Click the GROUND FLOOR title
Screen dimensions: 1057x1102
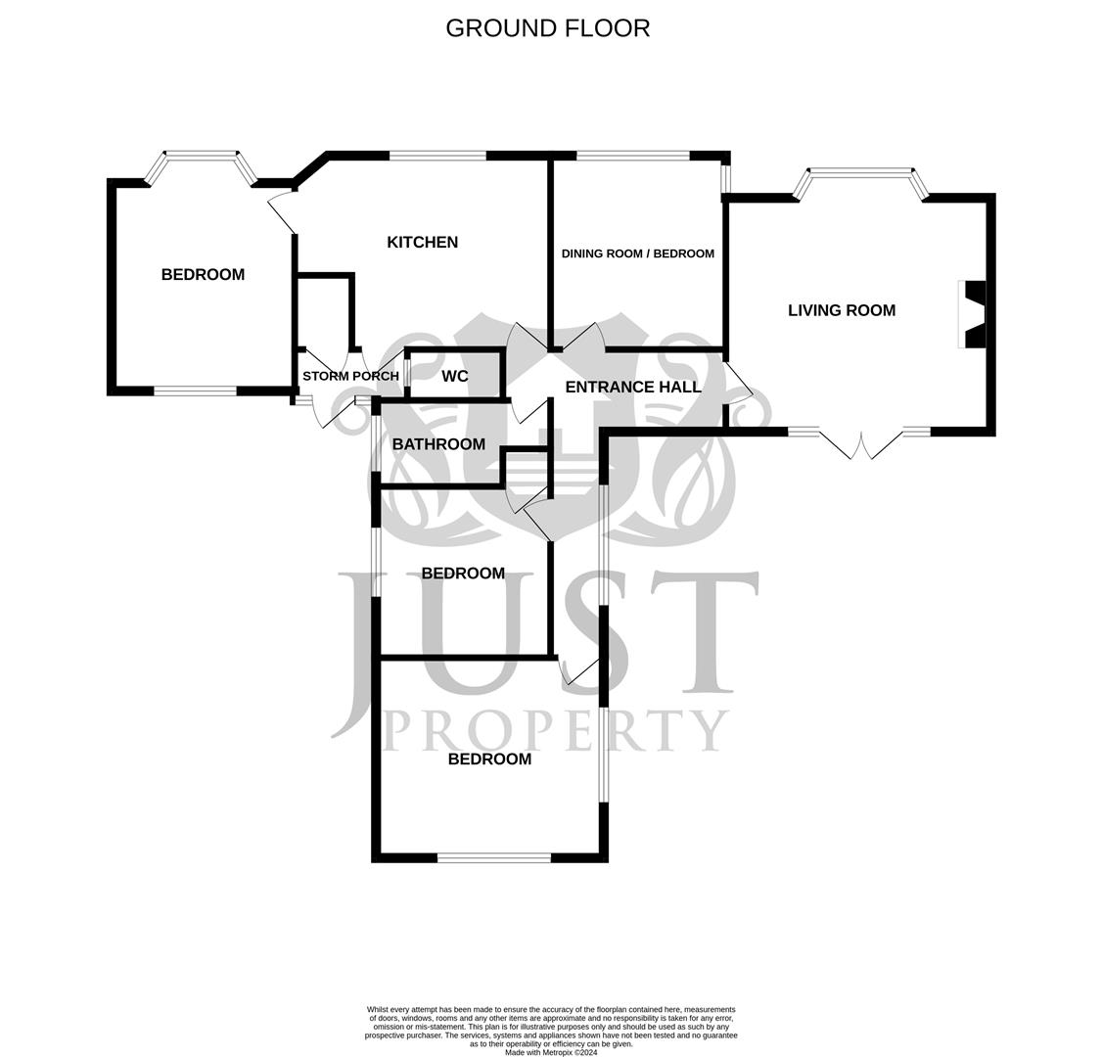pyautogui.click(x=547, y=28)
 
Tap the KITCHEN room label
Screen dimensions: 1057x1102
pyautogui.click(x=422, y=243)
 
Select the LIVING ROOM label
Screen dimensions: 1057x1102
pyautogui.click(x=841, y=310)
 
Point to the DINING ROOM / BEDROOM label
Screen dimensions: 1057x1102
pyautogui.click(x=637, y=253)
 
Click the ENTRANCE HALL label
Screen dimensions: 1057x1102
pyautogui.click(x=633, y=387)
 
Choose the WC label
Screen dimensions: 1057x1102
pyautogui.click(x=455, y=377)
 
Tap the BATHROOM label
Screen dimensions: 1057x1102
pyautogui.click(x=438, y=444)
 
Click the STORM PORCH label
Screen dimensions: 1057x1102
pyautogui.click(x=350, y=376)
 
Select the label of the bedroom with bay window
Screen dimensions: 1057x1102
pyautogui.click(x=203, y=275)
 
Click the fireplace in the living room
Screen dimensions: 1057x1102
pyautogui.click(x=974, y=314)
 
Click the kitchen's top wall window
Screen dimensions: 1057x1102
pyautogui.click(x=437, y=156)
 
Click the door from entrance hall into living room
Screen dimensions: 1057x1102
pyautogui.click(x=737, y=384)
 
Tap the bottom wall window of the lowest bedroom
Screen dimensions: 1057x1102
pyautogui.click(x=493, y=857)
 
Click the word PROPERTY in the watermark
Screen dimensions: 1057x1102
pyautogui.click(x=554, y=729)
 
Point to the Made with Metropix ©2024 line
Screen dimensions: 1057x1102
pyautogui.click(x=550, y=1052)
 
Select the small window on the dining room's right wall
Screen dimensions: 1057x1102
pyautogui.click(x=725, y=178)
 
